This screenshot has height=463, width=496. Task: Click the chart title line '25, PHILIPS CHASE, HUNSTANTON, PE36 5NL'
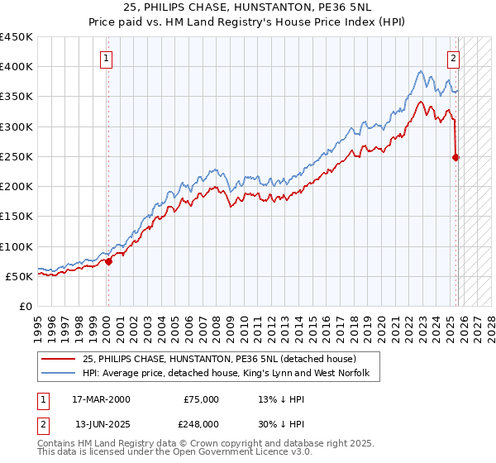click(x=248, y=8)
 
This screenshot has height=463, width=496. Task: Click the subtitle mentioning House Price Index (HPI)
click(x=248, y=21)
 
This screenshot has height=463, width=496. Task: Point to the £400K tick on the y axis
click(x=17, y=67)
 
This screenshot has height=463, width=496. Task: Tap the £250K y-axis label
click(x=17, y=156)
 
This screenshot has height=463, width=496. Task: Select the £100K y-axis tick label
click(x=17, y=246)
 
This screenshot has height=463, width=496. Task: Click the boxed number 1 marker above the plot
click(x=108, y=58)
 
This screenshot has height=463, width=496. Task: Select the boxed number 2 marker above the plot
click(x=454, y=58)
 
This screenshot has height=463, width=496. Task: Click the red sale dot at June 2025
click(x=455, y=157)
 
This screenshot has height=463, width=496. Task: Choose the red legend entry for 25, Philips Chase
click(x=219, y=359)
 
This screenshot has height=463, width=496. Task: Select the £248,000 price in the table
click(x=201, y=423)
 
